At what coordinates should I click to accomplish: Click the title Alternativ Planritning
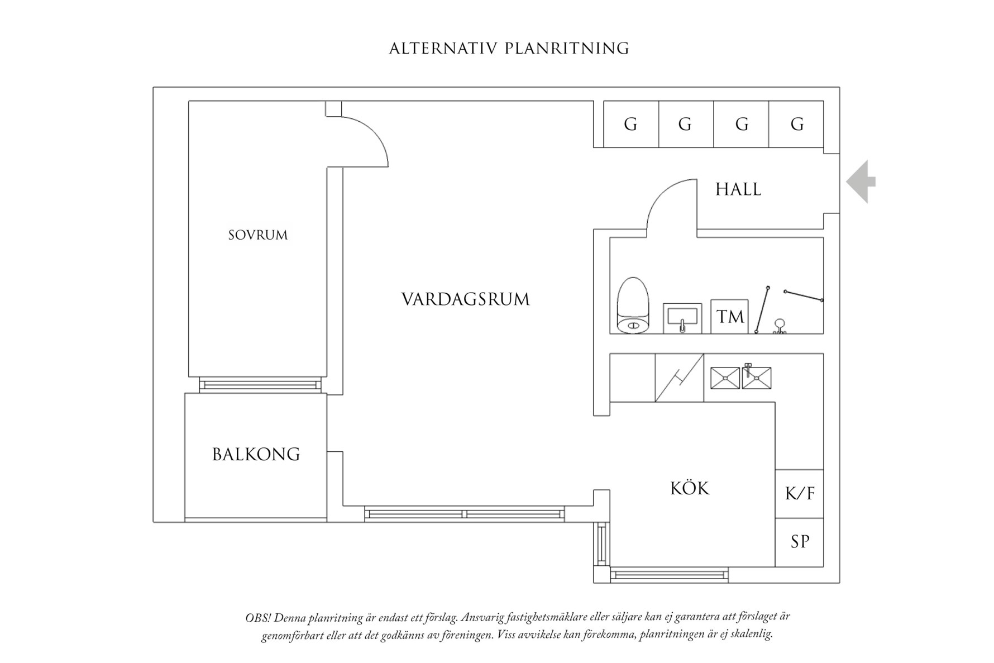pyautogui.click(x=509, y=49)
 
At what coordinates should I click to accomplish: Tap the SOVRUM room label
pyautogui.click(x=258, y=235)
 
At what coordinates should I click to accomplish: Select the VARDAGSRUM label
pyautogui.click(x=465, y=299)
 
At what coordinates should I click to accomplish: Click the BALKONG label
pyautogui.click(x=256, y=454)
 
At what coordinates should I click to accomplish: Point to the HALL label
pyautogui.click(x=738, y=189)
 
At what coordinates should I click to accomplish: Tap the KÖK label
pyautogui.click(x=690, y=489)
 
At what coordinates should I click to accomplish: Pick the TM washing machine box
pyautogui.click(x=729, y=317)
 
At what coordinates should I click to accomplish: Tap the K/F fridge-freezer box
pyautogui.click(x=799, y=493)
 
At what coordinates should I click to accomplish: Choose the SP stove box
pyautogui.click(x=799, y=542)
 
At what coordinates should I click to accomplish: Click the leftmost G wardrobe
pyautogui.click(x=631, y=124)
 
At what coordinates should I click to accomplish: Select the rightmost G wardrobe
pyautogui.click(x=796, y=124)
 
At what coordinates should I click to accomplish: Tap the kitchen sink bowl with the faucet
pyautogui.click(x=756, y=378)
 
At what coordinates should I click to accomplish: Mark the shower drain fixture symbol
pyautogui.click(x=780, y=326)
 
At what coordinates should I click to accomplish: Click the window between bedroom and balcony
pyautogui.click(x=260, y=385)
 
